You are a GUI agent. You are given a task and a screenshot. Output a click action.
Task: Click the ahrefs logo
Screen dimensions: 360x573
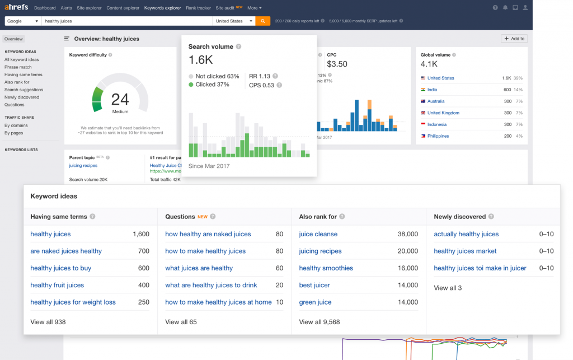[x=16, y=8]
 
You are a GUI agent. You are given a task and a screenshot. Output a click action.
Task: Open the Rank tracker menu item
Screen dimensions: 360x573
[x=199, y=8]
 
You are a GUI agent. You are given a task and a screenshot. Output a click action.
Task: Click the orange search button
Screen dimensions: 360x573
[x=262, y=21]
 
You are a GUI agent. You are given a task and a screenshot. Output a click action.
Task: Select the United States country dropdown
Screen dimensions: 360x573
[x=233, y=21]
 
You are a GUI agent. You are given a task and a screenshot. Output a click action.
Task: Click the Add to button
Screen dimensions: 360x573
[x=514, y=39]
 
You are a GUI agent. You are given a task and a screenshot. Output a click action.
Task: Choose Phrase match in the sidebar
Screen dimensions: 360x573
[x=18, y=67]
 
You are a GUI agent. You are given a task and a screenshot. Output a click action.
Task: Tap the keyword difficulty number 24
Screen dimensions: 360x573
[x=120, y=100]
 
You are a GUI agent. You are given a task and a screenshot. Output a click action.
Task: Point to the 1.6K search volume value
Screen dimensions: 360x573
[x=200, y=60]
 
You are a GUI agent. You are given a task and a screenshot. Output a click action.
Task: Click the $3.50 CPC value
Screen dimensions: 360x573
[x=337, y=64]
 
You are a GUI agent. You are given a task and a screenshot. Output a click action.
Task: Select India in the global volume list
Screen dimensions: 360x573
[x=432, y=90]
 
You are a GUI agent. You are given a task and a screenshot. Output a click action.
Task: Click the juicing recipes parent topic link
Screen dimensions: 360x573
[x=83, y=166]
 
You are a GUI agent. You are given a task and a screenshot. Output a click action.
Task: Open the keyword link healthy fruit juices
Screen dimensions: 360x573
[x=57, y=285]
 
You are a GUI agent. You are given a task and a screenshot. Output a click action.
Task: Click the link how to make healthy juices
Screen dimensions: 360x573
[x=205, y=251]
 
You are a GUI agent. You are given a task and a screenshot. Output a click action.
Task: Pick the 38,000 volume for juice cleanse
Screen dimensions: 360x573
[x=407, y=234]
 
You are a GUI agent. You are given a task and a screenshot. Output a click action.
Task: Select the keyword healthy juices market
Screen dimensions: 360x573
[x=465, y=251]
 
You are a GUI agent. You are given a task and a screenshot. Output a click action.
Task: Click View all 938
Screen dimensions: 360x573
[x=48, y=322]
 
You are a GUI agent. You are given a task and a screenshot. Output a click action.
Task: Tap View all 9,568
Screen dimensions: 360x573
[x=320, y=322]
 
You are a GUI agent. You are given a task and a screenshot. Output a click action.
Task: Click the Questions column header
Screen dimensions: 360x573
[x=180, y=217]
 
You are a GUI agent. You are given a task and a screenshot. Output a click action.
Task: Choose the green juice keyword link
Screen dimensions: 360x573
[x=315, y=302]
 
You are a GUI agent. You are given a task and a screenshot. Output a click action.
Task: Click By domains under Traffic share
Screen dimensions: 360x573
[x=16, y=125]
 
